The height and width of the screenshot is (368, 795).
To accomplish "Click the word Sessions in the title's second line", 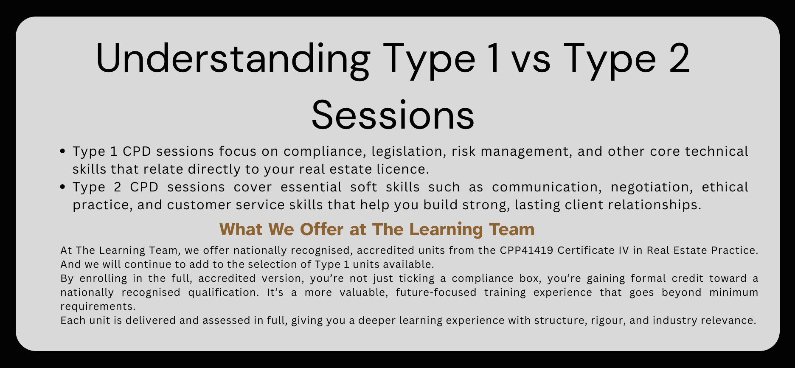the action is point(393,115).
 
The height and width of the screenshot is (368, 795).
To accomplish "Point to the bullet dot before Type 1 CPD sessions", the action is point(63,151).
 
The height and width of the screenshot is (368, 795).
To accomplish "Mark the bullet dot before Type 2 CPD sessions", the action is point(63,187).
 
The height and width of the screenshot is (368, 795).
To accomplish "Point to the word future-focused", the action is point(436,292).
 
